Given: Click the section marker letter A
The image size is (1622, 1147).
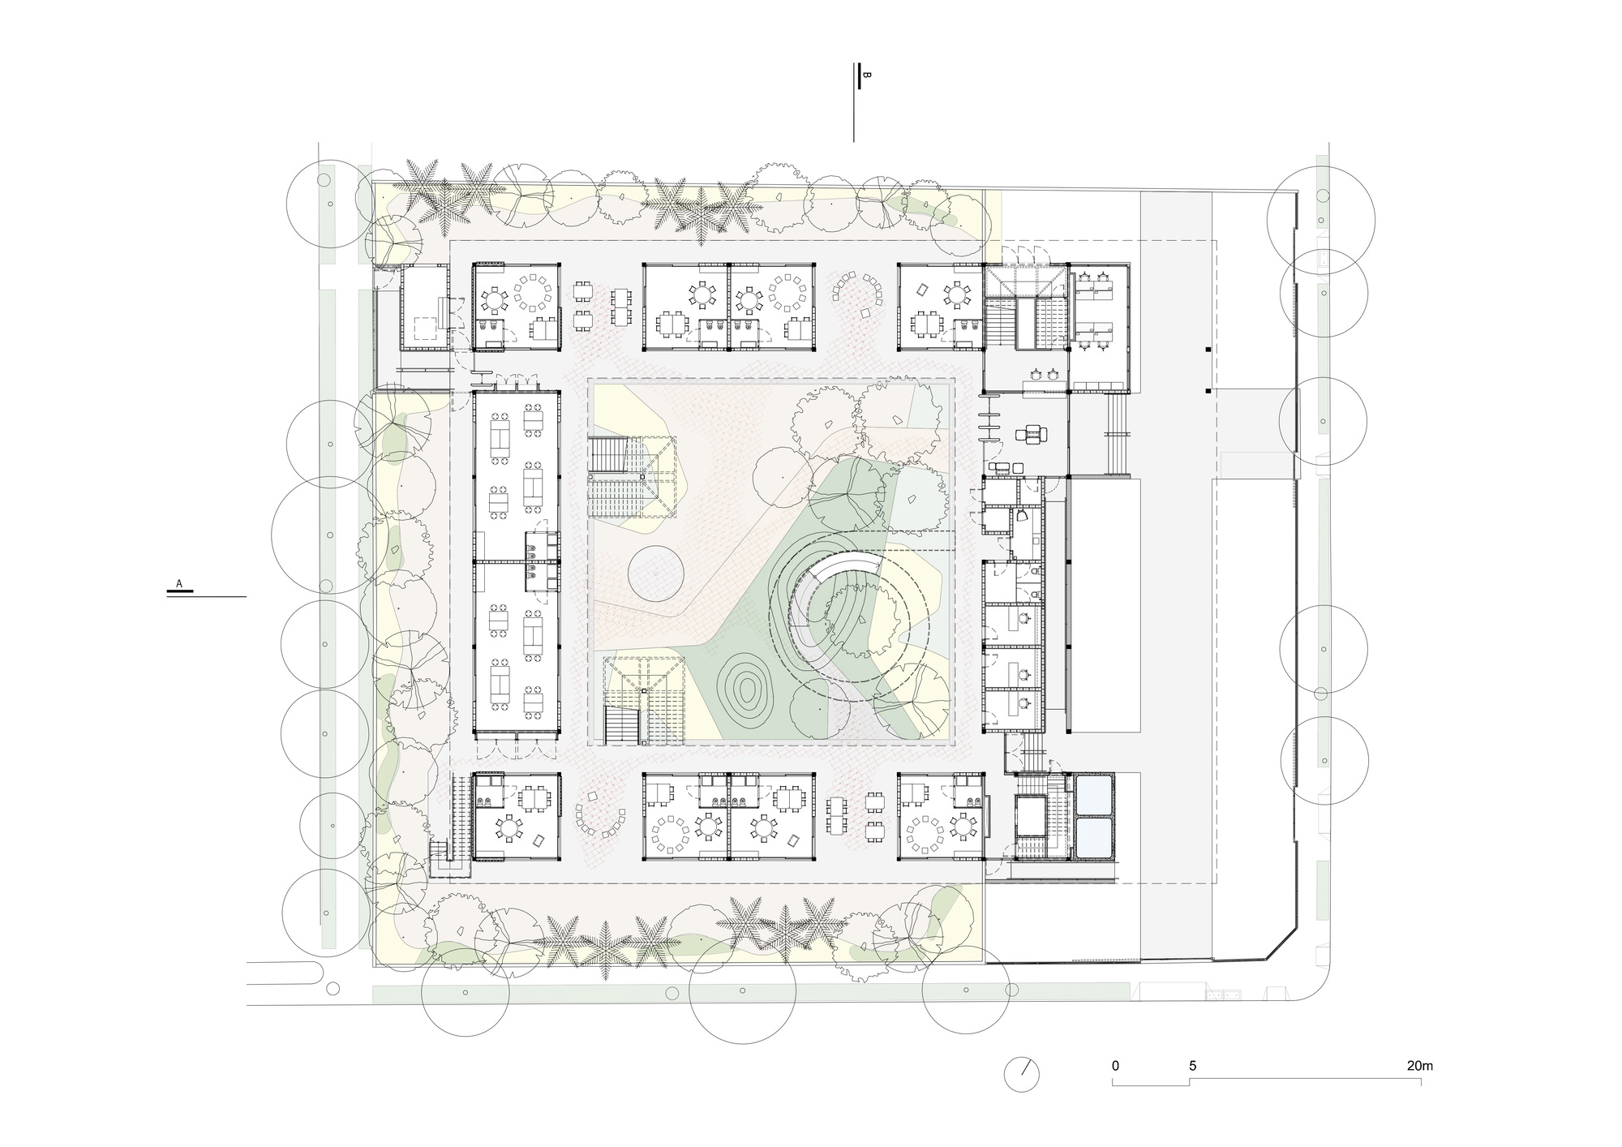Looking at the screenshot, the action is point(179,583).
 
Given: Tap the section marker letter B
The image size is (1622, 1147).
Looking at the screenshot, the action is point(867,75).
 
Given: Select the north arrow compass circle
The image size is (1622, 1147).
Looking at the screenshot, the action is point(1021,1074).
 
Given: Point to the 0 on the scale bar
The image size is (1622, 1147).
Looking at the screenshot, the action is point(1115,1066).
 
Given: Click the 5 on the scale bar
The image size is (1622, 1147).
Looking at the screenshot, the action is point(1192,1066).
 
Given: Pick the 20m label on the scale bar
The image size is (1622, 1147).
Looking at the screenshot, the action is point(1420,1066).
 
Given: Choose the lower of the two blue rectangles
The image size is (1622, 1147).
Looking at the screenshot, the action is point(1094,836).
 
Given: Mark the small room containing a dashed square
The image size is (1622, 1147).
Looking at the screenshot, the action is point(424,308).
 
